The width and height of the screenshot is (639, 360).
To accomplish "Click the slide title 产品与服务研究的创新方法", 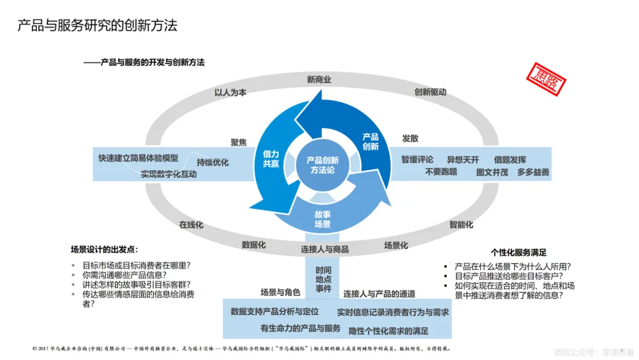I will [x=97, y=25].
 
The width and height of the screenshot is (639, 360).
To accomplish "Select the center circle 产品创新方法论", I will [x=322, y=165].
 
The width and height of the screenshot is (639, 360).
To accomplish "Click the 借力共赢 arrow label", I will [x=271, y=159].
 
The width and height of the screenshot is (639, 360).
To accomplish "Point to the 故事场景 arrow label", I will [x=322, y=220].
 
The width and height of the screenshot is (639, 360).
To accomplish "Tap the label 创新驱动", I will [x=430, y=92].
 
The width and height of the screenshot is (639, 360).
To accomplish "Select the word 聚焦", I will [x=238, y=142].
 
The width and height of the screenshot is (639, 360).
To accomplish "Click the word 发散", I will [x=410, y=138].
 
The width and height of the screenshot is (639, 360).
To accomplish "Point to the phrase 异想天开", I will [x=463, y=159].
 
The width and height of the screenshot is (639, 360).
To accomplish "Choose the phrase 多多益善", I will [x=533, y=172].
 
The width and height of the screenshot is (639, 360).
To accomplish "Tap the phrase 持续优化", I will [x=212, y=162].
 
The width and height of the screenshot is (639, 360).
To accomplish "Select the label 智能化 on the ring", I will [x=461, y=224].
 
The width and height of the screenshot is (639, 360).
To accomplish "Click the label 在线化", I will [x=191, y=224].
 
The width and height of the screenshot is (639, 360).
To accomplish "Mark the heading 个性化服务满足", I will [x=518, y=252].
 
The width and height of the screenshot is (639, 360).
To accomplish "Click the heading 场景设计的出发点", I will [x=104, y=249].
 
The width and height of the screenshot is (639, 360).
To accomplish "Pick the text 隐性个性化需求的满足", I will [x=388, y=330].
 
